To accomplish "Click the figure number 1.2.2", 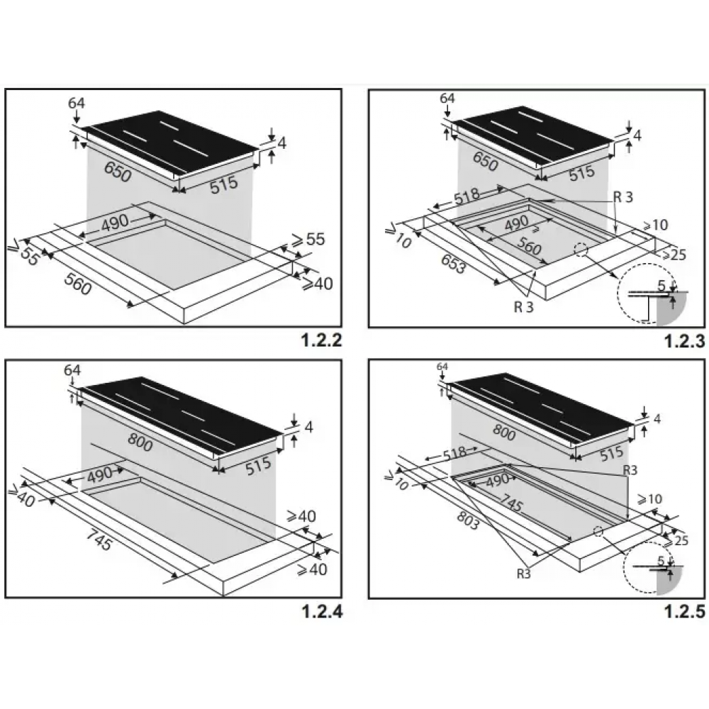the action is pos(321,340).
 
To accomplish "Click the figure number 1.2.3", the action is pos(685,341).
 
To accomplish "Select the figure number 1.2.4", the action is pos(321,611).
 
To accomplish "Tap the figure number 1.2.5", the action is pos(685,611).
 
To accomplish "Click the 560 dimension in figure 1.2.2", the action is pos(79,284).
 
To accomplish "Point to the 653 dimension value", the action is pos(452,264).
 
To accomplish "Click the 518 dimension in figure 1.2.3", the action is pos(467,196).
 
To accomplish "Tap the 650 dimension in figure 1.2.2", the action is pos(118,172).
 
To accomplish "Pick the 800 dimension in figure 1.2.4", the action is pos(140,442).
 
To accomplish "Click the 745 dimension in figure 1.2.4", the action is pos(99,540).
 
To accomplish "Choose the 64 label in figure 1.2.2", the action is pos(76,103).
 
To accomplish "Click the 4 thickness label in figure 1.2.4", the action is pos(309,427).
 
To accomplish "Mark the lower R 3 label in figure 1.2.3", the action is pos(524,307).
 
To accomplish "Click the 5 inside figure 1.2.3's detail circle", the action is pos(661,286).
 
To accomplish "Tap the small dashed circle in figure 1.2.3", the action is pos(581,250).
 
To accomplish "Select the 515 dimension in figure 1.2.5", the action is pos(611,453).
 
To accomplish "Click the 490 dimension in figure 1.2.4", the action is pos(100,475).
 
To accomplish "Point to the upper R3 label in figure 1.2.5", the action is pos(630,470).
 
